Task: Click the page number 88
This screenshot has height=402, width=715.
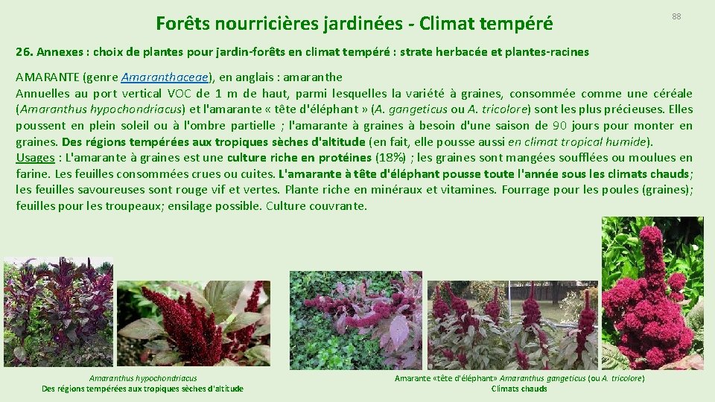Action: (x=676, y=16)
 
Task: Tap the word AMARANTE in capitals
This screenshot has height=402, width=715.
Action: (x=48, y=77)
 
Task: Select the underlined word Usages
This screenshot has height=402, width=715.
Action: (x=36, y=158)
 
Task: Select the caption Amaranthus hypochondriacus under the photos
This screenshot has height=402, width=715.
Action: (x=143, y=378)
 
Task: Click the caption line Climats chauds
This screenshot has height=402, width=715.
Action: (x=519, y=389)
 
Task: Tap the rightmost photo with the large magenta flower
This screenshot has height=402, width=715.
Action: (x=652, y=293)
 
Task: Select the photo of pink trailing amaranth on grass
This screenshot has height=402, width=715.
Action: (x=355, y=320)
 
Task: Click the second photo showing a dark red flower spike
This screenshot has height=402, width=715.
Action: (x=194, y=323)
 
